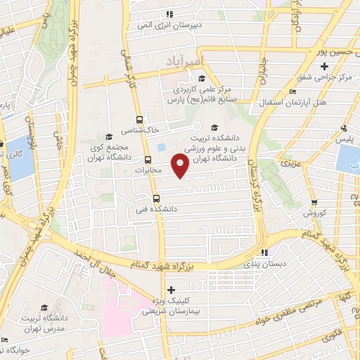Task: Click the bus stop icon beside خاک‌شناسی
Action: pos(139,120)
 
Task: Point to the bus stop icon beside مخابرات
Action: pos(148,159)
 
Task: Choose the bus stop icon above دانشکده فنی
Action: pos(157,198)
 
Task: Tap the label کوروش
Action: pos(312,212)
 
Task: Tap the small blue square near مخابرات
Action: pos(161,146)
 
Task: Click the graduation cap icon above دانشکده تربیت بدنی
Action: pos(214,127)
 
